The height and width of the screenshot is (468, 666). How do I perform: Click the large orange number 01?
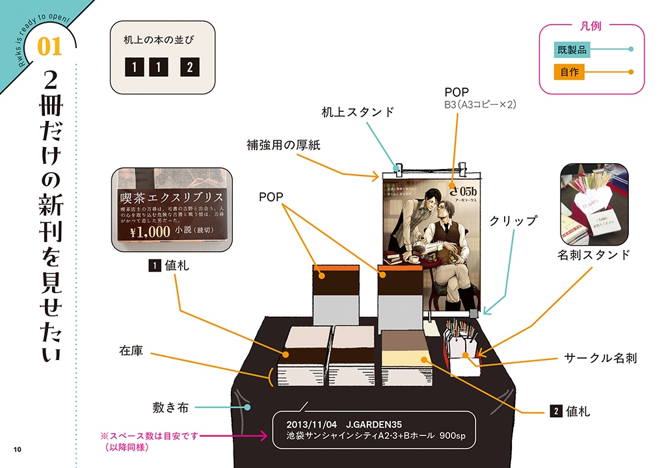click(x=50, y=46)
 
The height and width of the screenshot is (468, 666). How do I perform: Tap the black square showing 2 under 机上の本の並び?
click(x=189, y=67)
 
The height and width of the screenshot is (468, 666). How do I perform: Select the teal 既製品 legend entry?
click(x=570, y=49)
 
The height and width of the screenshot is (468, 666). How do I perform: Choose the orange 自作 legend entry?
click(x=569, y=71)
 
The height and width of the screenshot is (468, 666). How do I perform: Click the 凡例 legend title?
click(x=591, y=27)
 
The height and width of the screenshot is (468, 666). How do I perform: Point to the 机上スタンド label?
click(x=358, y=112)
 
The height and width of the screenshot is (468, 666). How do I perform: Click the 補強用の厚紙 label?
click(x=284, y=144)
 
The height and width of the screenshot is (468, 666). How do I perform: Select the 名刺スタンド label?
click(x=593, y=255)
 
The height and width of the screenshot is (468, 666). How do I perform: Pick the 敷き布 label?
click(x=170, y=408)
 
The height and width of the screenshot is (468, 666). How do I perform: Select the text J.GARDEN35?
click(x=378, y=423)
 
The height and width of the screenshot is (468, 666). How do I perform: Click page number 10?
click(x=17, y=449)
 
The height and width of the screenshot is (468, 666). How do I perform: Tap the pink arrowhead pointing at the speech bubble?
click(x=263, y=435)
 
